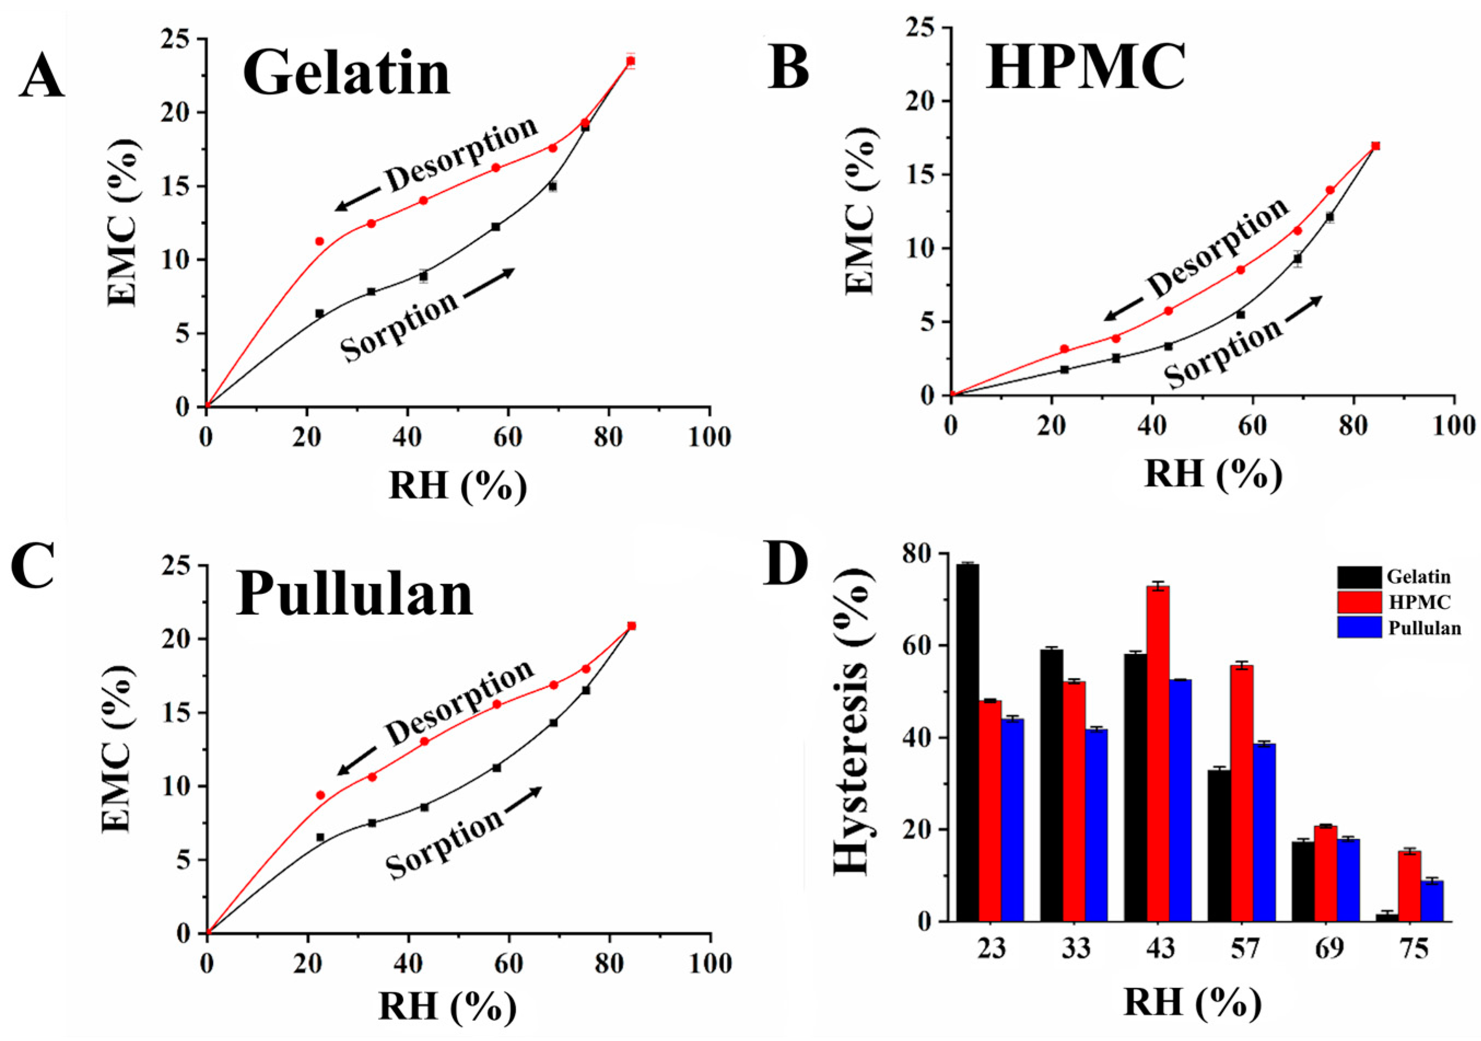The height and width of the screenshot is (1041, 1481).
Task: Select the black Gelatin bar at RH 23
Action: pos(967,742)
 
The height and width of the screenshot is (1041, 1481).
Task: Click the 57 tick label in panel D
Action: pos(1244,949)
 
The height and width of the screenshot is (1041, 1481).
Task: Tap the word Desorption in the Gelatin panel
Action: pos(462,154)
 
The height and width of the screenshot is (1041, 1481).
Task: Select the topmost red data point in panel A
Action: pos(631,61)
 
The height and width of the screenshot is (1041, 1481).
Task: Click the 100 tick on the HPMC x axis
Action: pos(1453,426)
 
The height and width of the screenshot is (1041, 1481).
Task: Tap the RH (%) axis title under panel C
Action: pos(447,1005)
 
